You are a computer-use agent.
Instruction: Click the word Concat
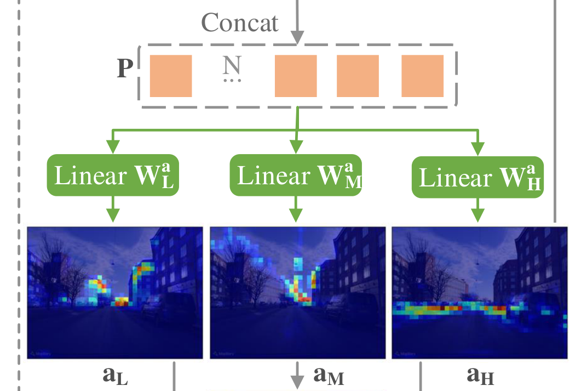pos(240,22)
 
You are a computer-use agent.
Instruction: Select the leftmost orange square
pos(171,76)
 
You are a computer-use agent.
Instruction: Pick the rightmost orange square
pos(422,76)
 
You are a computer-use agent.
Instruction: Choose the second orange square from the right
pos(358,76)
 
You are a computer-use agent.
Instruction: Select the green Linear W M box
pos(296,175)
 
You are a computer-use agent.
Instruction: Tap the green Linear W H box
pos(478,178)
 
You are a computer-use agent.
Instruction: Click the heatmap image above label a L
pos(115,293)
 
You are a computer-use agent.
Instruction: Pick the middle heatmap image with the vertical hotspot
pos(298,293)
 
